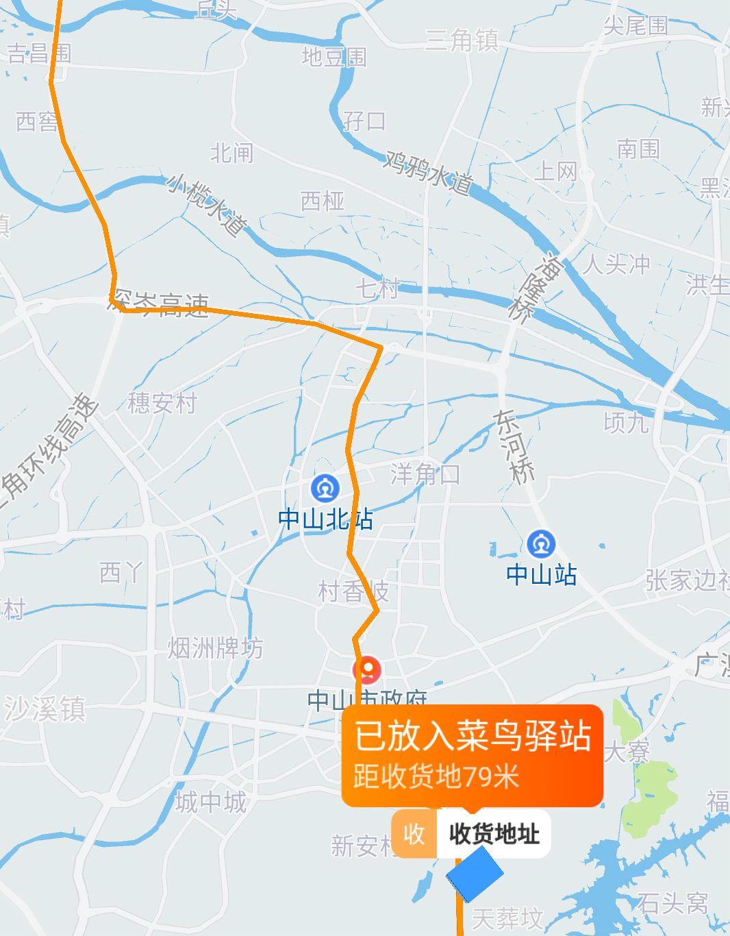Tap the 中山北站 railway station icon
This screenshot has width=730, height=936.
click(325, 489)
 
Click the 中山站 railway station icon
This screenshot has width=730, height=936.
click(542, 545)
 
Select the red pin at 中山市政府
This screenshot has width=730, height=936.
click(368, 669)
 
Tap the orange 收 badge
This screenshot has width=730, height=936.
click(414, 834)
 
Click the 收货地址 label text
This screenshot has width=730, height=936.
click(494, 834)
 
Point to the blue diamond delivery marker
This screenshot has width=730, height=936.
click(475, 874)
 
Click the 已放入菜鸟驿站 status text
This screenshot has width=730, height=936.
click(472, 738)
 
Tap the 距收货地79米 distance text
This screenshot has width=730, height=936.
click(436, 777)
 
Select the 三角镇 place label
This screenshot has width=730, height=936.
click(461, 40)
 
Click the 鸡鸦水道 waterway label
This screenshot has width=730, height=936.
click(429, 171)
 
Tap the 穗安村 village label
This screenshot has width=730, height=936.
click(162, 403)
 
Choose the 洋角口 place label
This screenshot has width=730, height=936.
click(425, 474)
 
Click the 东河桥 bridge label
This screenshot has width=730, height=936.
click(514, 447)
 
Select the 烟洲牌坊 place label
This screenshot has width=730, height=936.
click(216, 648)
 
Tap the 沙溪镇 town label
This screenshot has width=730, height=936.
click(45, 709)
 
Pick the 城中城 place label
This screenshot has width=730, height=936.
click(210, 802)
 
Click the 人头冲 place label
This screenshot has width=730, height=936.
click(616, 264)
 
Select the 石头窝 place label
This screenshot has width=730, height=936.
click(672, 903)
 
